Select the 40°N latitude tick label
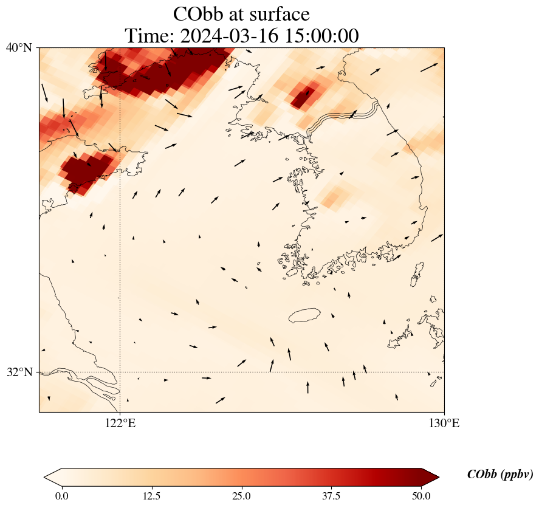pos(19,47)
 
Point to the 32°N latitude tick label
pos(19,372)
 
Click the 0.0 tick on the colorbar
pos(61,496)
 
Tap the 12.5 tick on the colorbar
pos(151,496)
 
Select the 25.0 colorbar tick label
pos(241,496)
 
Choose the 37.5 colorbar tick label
pos(331,496)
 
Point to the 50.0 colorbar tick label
pos(421,496)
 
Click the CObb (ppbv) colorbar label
pos(500,475)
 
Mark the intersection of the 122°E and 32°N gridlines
pos(120,372)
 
